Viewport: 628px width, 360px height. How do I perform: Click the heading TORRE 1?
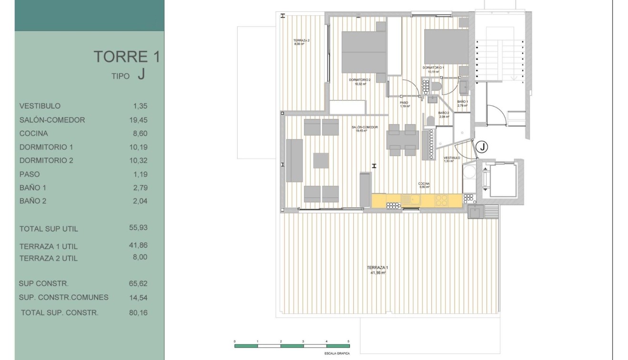126,57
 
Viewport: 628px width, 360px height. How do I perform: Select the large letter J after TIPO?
140,74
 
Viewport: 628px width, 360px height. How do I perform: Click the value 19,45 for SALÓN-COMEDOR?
139,120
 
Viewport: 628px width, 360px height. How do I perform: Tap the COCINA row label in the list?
33,133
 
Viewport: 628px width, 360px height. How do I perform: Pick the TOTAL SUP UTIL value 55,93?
139,228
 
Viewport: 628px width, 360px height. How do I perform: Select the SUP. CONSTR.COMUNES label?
63,298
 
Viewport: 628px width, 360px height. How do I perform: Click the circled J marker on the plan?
482,147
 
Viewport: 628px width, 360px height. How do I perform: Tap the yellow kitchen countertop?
417,200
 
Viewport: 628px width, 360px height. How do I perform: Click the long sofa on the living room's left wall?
294,160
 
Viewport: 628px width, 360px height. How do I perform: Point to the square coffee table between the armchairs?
321,160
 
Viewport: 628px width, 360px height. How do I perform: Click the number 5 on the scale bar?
349,341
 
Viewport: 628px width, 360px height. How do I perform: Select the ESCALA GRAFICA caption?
338,354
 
